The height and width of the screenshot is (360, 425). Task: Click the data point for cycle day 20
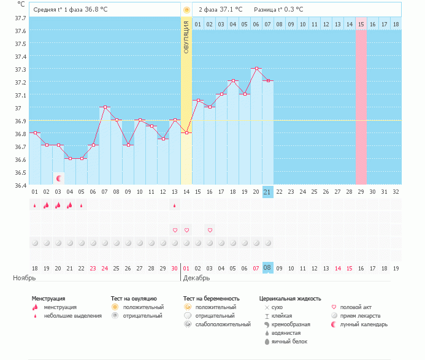(256, 68)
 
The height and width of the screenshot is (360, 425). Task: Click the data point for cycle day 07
(105, 107)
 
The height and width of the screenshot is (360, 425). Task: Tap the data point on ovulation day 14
(186, 133)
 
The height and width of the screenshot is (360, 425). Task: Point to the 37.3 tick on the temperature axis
(20, 70)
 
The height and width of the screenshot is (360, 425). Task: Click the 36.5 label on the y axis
(20, 173)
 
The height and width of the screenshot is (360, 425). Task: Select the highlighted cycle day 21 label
(267, 192)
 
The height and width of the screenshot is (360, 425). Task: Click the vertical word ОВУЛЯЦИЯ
(186, 37)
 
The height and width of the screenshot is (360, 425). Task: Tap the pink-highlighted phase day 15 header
(361, 25)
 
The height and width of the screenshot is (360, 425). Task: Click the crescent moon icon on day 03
(59, 178)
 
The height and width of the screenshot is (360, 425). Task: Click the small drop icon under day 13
(175, 205)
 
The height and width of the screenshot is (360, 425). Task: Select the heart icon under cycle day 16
(210, 230)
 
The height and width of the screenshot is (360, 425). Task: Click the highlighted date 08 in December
(267, 268)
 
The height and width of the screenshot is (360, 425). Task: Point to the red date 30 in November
(174, 269)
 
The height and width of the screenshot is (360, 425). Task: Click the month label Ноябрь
(25, 278)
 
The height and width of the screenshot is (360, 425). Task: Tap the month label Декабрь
(196, 278)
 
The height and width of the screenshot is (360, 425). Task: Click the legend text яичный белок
(289, 342)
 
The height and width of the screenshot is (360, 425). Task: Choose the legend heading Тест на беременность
(212, 299)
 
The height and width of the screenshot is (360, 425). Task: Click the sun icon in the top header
(186, 10)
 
